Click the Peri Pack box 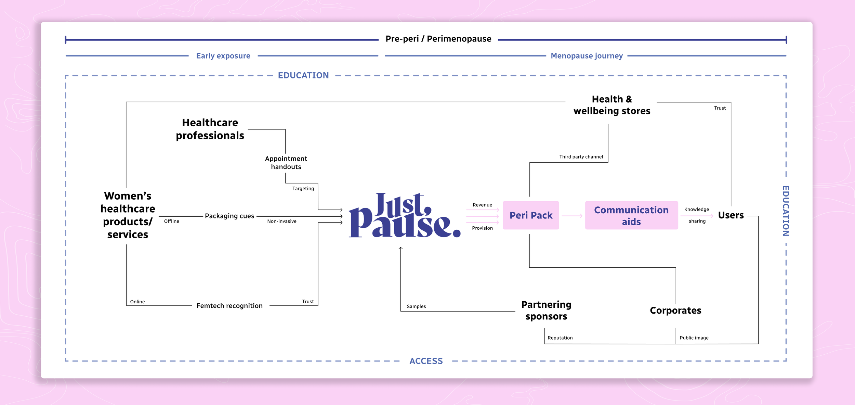click(531, 215)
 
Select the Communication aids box click(631, 215)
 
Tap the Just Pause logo click(405, 216)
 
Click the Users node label click(731, 215)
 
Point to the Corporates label click(675, 311)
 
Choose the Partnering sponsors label click(546, 311)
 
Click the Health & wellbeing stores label click(612, 105)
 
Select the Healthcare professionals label click(210, 129)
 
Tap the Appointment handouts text click(286, 163)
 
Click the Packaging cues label click(229, 216)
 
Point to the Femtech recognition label click(229, 306)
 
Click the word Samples click(416, 306)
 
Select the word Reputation click(560, 338)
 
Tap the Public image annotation click(694, 338)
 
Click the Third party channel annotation click(581, 157)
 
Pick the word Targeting click(303, 189)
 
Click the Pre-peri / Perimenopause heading click(438, 39)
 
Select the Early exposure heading click(223, 56)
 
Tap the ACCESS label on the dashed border click(426, 361)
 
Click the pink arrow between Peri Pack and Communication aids click(572, 216)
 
